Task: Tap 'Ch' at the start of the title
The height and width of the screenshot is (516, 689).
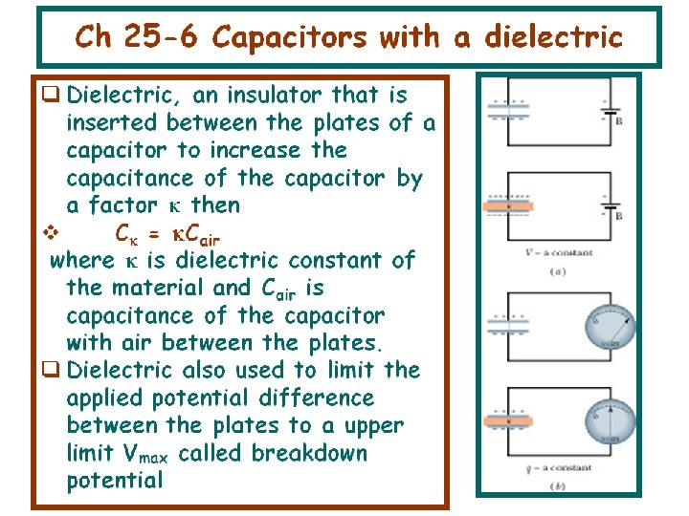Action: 93,37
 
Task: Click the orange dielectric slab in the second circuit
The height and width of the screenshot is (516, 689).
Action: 507,204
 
